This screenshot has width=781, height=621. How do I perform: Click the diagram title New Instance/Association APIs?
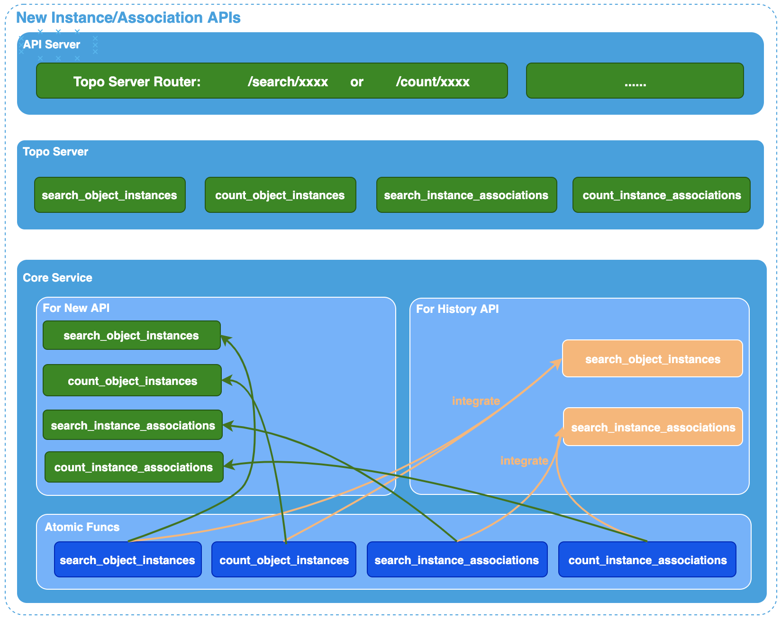click(128, 18)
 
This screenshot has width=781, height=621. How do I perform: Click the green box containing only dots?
click(635, 81)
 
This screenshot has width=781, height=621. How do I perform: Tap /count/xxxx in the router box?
click(432, 82)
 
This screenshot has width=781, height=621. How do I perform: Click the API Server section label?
click(51, 45)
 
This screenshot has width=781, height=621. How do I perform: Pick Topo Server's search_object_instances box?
click(109, 195)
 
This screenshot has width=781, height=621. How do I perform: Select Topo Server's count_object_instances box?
click(280, 195)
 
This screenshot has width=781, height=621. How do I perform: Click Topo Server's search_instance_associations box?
click(466, 195)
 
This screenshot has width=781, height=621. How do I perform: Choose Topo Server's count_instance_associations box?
click(661, 195)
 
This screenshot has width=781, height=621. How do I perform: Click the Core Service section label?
click(57, 278)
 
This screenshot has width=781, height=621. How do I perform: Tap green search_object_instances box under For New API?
click(131, 336)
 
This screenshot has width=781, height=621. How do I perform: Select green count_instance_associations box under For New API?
click(134, 467)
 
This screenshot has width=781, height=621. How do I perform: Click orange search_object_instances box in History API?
click(652, 359)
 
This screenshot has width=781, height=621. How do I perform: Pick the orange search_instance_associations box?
click(653, 427)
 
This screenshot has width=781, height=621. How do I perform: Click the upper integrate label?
click(476, 401)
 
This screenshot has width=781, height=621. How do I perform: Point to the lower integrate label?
click(524, 461)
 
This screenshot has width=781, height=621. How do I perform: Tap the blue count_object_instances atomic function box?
click(284, 560)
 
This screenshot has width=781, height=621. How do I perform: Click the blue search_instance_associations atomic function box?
click(456, 560)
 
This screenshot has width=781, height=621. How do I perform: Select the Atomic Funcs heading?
click(82, 527)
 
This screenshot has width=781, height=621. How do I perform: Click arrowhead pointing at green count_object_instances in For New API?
click(227, 380)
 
